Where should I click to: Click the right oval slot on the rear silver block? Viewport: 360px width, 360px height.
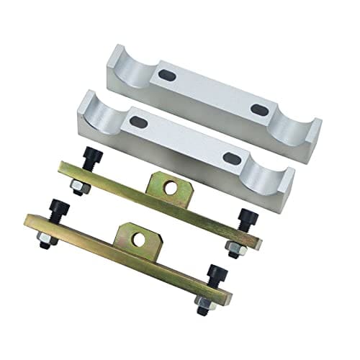[258, 109]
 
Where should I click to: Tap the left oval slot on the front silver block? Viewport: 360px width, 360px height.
[138, 122]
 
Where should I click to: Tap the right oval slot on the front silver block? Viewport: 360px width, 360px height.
[230, 158]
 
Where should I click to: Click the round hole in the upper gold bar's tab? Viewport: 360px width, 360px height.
[171, 187]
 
